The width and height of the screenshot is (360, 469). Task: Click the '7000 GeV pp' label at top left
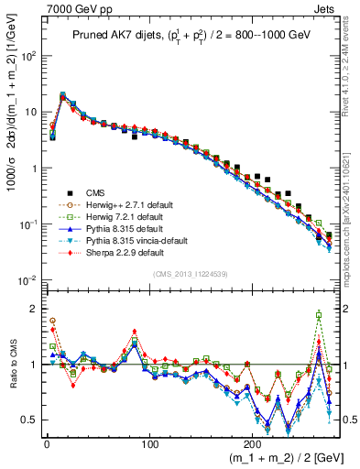pos(38,7)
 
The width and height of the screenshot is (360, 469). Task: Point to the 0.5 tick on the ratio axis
pos(30,420)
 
